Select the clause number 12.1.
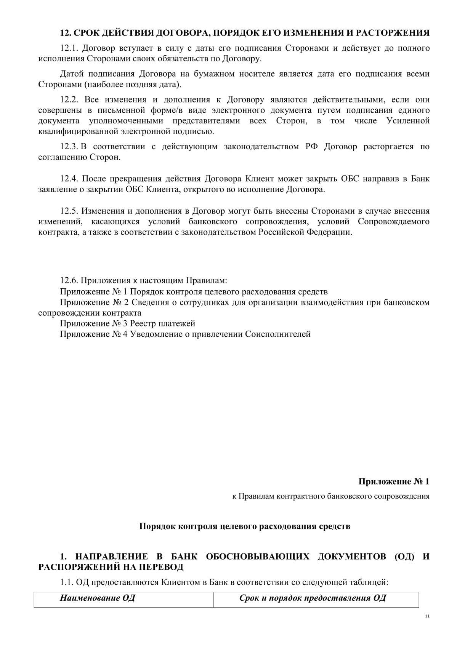[x=69, y=48]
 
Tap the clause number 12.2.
[x=69, y=100]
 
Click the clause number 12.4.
[x=69, y=179]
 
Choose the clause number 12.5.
[x=69, y=211]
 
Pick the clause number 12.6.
[x=69, y=281]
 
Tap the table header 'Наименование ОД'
[x=98, y=598]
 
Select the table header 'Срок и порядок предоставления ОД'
[x=313, y=598]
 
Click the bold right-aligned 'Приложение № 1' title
[x=394, y=481]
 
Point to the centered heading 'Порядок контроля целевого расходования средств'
[x=245, y=526]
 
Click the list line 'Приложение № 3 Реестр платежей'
[x=128, y=323]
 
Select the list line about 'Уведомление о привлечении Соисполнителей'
[x=185, y=334]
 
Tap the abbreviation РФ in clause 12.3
[x=311, y=147]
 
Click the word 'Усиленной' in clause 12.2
[x=408, y=121]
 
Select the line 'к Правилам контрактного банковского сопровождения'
[x=331, y=496]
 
